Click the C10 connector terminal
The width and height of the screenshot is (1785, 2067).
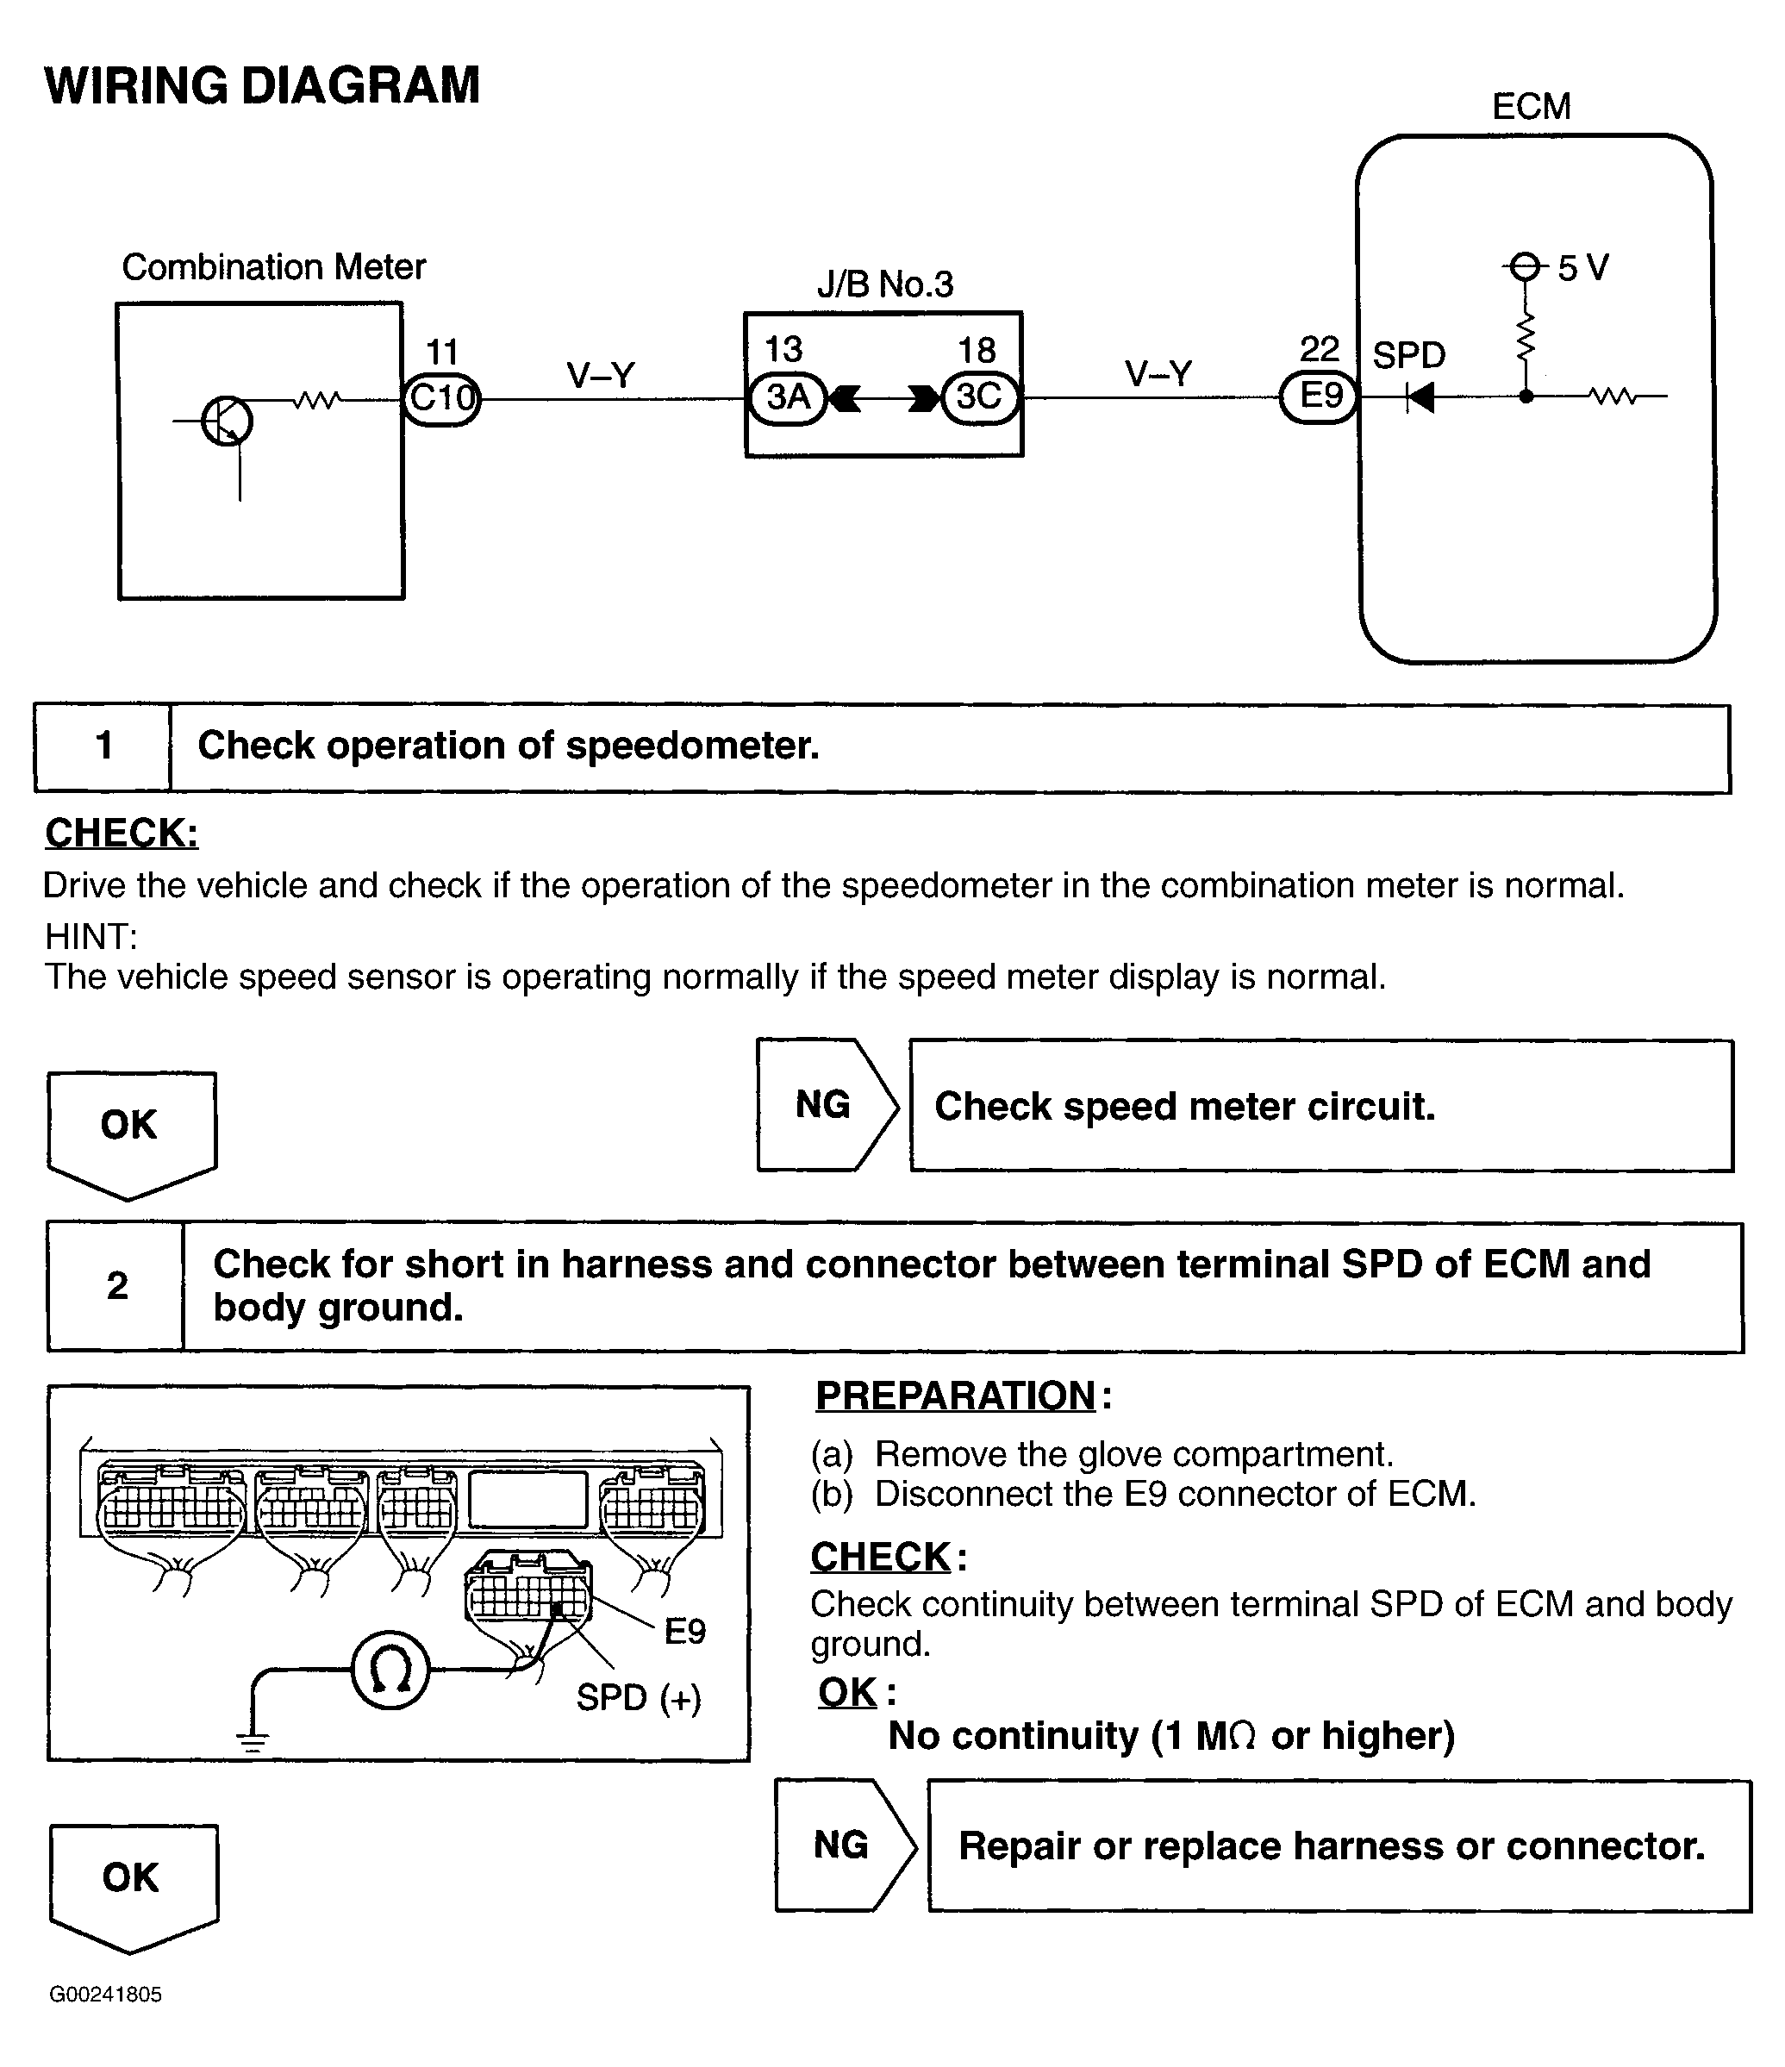click(442, 399)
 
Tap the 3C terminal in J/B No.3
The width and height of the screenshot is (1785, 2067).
click(980, 398)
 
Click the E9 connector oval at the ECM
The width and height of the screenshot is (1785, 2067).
click(1319, 397)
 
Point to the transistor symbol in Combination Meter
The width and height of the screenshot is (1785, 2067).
click(227, 421)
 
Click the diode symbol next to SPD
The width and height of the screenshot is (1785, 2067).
click(1420, 397)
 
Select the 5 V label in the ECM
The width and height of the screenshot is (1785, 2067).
click(1582, 268)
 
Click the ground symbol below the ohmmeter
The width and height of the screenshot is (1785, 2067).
click(253, 1743)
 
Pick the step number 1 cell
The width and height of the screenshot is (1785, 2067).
click(103, 747)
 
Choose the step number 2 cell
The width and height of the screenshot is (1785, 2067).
click(116, 1286)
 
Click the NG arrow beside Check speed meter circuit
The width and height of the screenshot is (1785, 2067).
click(827, 1105)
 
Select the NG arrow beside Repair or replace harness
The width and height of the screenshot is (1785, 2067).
click(846, 1845)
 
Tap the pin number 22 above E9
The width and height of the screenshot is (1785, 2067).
click(1319, 349)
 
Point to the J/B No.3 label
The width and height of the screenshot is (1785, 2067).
click(885, 285)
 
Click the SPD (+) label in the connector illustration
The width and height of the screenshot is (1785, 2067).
click(639, 1697)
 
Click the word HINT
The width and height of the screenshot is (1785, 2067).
click(90, 937)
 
